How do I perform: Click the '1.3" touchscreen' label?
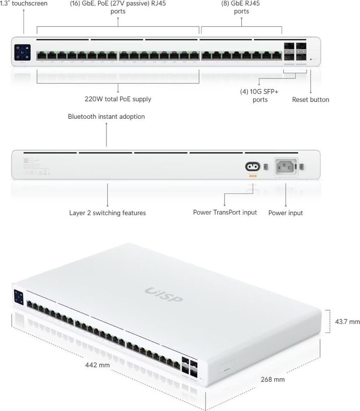[24, 4]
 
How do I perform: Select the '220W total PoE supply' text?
[118, 99]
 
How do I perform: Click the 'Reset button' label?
[310, 100]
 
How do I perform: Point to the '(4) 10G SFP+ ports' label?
[260, 96]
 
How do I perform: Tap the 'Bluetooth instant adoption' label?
[106, 117]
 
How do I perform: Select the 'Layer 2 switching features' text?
[107, 213]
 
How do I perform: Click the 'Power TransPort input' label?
[225, 212]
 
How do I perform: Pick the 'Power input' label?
[285, 213]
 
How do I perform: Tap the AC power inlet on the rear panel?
[285, 166]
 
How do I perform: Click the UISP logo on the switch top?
[163, 294]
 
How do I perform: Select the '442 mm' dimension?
[97, 365]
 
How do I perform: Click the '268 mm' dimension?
[273, 379]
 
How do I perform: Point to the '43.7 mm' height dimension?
[347, 321]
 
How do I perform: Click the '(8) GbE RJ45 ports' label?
[241, 7]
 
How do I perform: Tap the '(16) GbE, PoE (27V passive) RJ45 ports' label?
[118, 7]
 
